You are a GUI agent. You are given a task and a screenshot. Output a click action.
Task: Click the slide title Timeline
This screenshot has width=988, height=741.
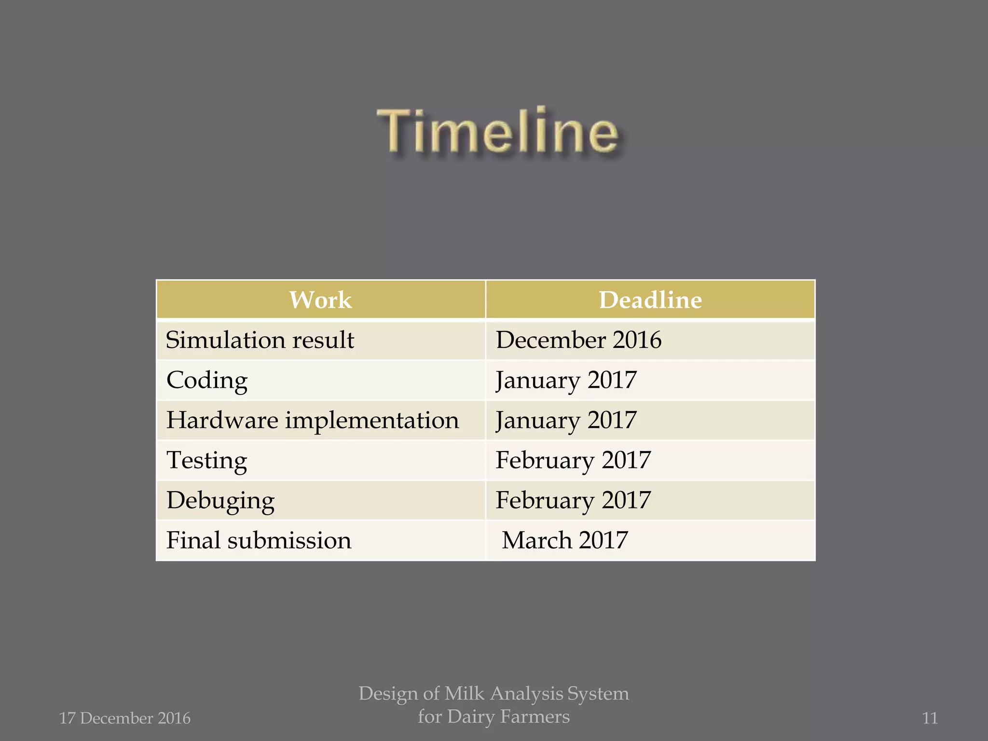click(x=497, y=131)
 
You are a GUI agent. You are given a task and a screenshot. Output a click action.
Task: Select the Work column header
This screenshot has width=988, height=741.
click(x=320, y=300)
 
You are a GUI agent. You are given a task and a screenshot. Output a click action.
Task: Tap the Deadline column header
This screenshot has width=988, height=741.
click(x=650, y=300)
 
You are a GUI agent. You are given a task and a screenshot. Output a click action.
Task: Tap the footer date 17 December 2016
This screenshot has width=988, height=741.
click(x=125, y=718)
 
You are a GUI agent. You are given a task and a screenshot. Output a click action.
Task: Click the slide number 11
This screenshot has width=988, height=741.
click(x=930, y=718)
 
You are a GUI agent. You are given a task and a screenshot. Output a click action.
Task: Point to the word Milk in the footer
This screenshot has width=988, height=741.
click(x=465, y=694)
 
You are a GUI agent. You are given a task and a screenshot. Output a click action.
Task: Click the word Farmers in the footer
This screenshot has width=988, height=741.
click(x=535, y=717)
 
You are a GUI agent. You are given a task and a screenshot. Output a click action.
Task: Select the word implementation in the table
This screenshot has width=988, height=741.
click(x=372, y=420)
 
